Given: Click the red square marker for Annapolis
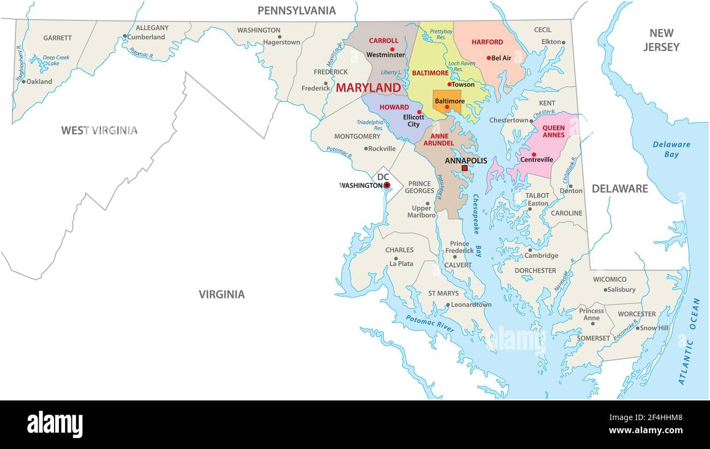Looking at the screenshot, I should (x=464, y=169).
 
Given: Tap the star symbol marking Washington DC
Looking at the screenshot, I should (x=387, y=185).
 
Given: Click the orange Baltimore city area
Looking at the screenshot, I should (x=448, y=103).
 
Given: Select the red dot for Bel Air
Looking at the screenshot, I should (x=489, y=58).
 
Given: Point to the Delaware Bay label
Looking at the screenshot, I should (x=671, y=149).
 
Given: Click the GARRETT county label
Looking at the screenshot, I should (x=57, y=38).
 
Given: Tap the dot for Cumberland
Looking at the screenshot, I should (x=125, y=37).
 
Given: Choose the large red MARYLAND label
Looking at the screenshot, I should (x=368, y=88).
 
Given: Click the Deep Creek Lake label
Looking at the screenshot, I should (x=56, y=60).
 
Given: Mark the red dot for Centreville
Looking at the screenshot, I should (x=534, y=154).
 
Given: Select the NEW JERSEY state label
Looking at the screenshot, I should (x=661, y=40).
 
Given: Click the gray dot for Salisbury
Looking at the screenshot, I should (x=605, y=290).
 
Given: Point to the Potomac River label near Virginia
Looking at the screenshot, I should (x=430, y=323).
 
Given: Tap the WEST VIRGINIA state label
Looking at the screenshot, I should (x=99, y=130).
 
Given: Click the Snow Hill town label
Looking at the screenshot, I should (x=654, y=328).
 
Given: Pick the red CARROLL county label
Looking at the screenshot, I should (x=383, y=41).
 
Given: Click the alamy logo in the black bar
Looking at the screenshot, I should (x=55, y=424).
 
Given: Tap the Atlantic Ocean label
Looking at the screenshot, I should (x=689, y=341).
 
